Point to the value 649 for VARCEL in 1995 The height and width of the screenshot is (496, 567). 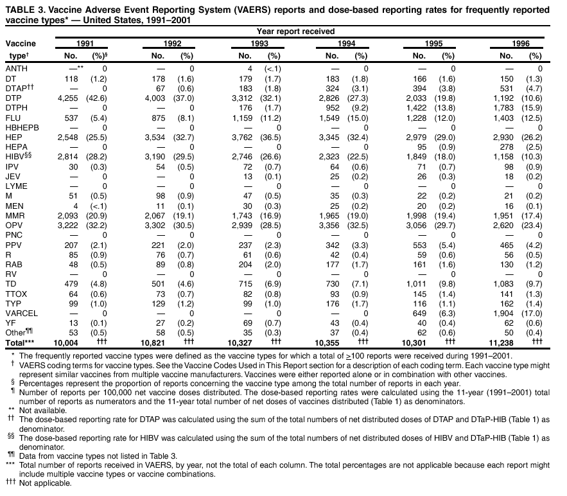click(x=425, y=314)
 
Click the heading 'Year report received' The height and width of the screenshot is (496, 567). click(x=295, y=31)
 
